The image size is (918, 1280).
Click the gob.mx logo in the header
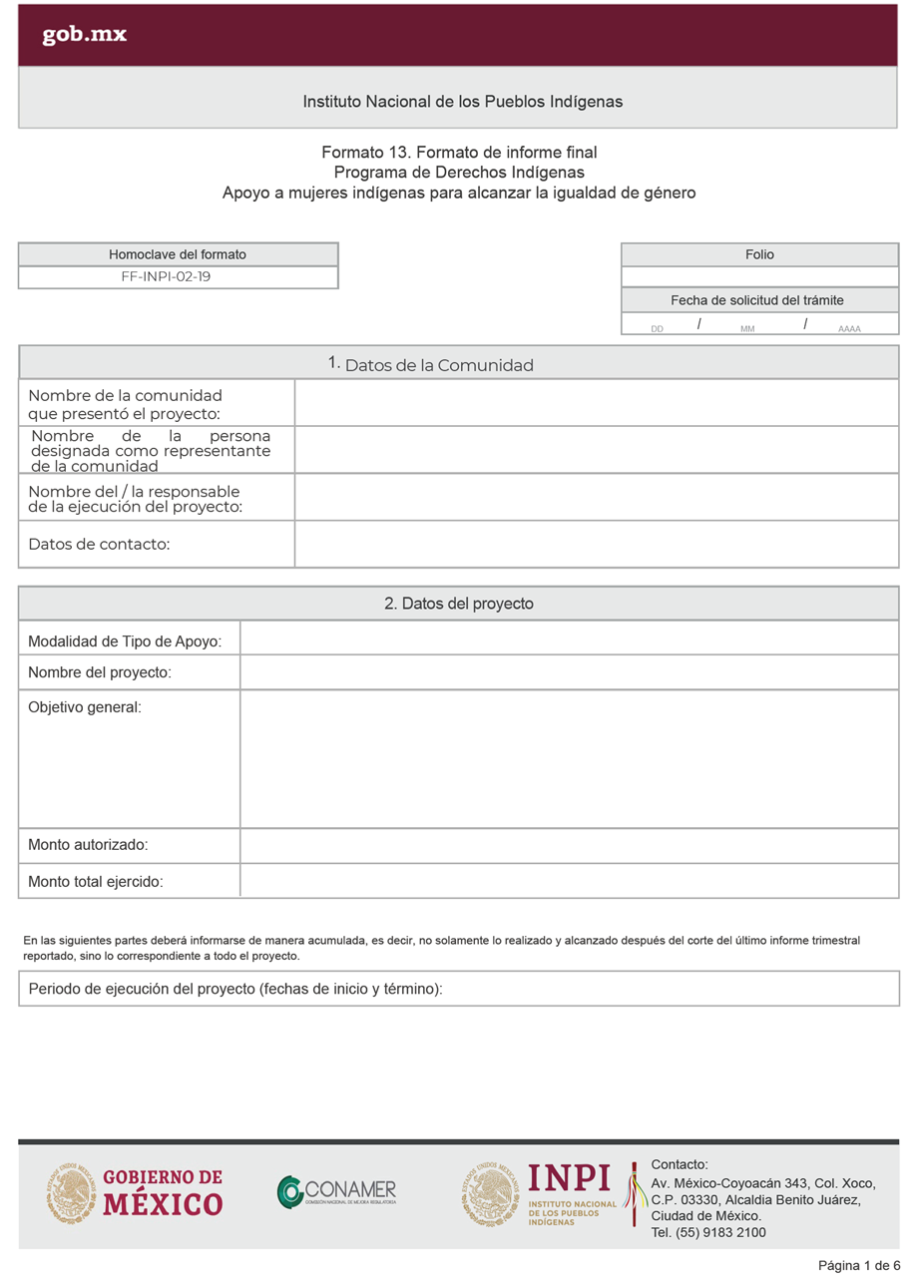coord(84,35)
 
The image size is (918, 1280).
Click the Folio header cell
coord(759,254)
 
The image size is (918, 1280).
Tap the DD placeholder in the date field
coord(657,328)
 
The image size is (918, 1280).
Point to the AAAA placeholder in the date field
coord(849,328)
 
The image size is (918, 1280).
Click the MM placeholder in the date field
coord(747,328)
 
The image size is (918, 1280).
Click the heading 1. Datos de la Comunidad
coord(430,364)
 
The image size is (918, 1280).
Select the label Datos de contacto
coord(99,544)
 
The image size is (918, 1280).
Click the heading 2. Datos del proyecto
coord(458,604)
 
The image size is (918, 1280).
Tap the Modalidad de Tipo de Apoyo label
coord(125,641)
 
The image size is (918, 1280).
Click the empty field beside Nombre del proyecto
coord(569,672)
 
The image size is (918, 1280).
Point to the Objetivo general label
coord(85,707)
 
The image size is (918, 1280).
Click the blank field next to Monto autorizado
coord(569,845)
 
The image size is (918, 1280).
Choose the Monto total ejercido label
coord(95,882)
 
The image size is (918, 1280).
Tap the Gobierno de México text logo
coord(163,1192)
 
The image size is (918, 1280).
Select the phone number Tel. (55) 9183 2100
coord(708,1232)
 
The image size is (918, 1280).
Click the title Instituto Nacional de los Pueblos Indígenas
coord(462,102)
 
